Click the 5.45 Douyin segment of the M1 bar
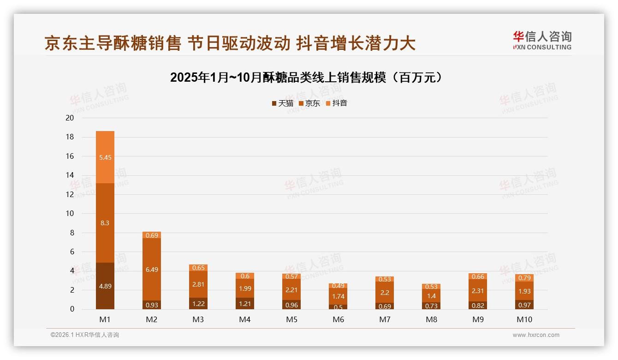pos(105,157)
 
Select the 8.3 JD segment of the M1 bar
pos(105,223)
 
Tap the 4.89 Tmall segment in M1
pos(105,286)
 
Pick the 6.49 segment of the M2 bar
pos(152,270)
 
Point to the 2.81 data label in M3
pos(198,284)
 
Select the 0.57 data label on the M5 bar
pos(291,276)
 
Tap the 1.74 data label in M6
pos(338,296)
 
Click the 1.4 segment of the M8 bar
pos(431,296)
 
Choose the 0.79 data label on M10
pos(524,278)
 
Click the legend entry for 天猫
pos(283,103)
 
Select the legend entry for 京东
pos(309,103)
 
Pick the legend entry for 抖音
pos(337,103)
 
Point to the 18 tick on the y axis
pos(70,137)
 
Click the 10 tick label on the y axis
pos(70,213)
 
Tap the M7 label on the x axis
pos(385,319)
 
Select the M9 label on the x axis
pos(478,319)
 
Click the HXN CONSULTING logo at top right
pos(542,41)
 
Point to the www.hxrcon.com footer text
pos(536,335)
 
